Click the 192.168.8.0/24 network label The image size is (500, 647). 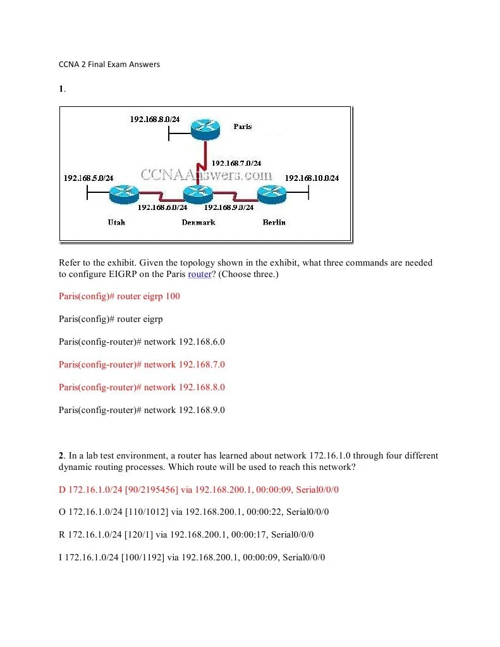click(x=155, y=120)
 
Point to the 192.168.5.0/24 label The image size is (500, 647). click(x=88, y=178)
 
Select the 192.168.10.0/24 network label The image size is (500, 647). click(x=312, y=178)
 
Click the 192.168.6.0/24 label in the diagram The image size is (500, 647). click(x=162, y=207)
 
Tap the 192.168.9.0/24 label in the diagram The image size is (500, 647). click(x=229, y=207)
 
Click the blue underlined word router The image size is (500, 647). click(x=200, y=274)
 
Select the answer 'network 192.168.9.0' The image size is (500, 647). click(x=142, y=410)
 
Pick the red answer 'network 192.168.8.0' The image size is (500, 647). click(x=142, y=387)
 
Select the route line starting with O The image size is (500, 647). click(x=194, y=512)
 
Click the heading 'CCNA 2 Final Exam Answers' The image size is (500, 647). click(x=109, y=64)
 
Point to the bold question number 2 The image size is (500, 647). click(x=61, y=455)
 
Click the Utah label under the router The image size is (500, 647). click(x=116, y=222)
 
